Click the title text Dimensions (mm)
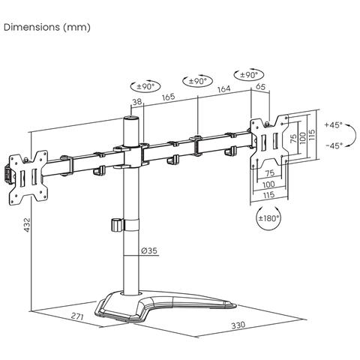tap(46, 28)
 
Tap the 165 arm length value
tap(168, 96)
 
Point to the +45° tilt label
tap(334, 125)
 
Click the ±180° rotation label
tap(268, 218)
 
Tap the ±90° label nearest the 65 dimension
tap(248, 75)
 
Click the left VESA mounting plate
tap(25, 178)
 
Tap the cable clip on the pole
tap(116, 224)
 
